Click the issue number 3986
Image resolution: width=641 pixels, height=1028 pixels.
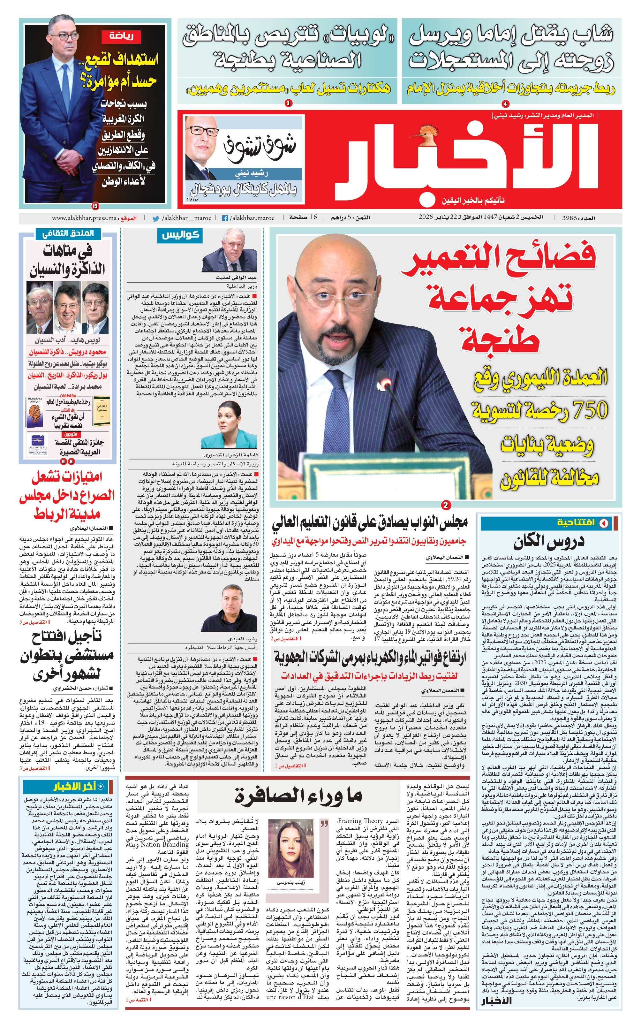[569, 217]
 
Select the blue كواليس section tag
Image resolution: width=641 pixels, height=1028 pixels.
[181, 235]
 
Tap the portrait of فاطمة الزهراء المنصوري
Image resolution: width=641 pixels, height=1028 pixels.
[229, 426]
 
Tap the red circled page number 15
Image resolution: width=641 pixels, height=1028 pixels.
[94, 206]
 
